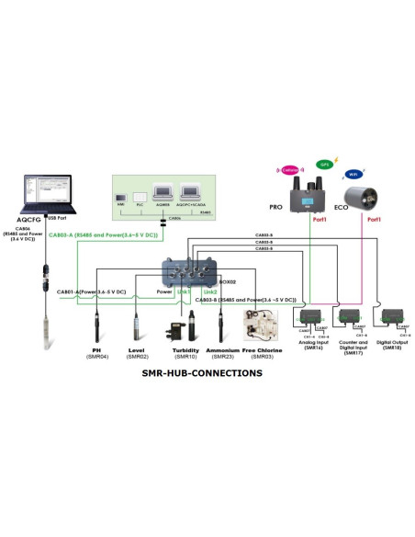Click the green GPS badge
323,165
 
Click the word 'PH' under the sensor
95,350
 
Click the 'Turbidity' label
185,350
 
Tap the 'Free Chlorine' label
263,350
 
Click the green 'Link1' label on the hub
184,291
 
